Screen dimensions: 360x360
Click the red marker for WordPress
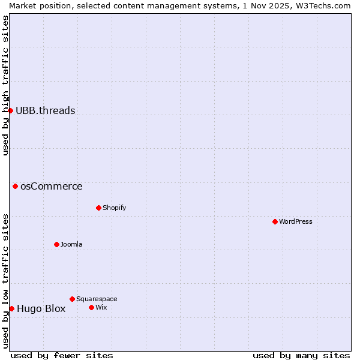click(x=275, y=221)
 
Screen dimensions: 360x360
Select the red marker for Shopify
click(x=98, y=208)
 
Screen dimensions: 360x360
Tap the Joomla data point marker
click(x=56, y=244)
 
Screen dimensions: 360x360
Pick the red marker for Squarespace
click(x=72, y=299)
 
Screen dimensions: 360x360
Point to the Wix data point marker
click(x=91, y=307)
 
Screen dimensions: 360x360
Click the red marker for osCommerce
click(x=15, y=186)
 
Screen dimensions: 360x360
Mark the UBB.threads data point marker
click(x=10, y=110)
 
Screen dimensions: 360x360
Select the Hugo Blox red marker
click(x=11, y=308)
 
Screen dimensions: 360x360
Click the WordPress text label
click(x=296, y=221)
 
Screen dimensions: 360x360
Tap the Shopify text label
click(x=114, y=208)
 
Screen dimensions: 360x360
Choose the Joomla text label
click(x=71, y=244)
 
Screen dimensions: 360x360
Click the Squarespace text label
click(x=97, y=299)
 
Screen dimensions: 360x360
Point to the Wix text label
click(x=101, y=307)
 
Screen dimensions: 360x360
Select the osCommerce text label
click(x=52, y=186)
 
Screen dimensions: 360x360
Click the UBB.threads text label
click(x=46, y=110)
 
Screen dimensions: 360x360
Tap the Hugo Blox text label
click(x=41, y=309)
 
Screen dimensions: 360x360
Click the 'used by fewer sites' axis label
click(x=62, y=355)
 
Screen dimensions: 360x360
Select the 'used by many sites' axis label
click(x=301, y=355)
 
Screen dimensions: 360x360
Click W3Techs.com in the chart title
click(x=325, y=5)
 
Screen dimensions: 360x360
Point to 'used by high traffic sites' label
click(x=5, y=86)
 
